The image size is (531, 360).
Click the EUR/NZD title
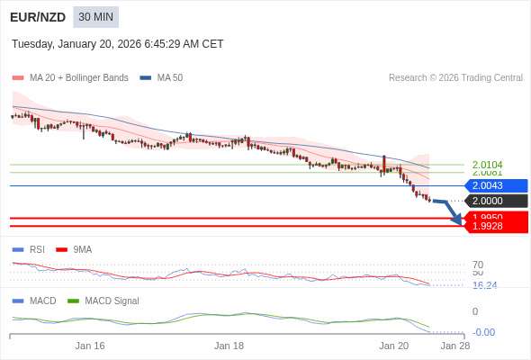tap(38, 17)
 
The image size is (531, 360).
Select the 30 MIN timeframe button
tap(95, 17)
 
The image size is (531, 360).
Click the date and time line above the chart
tap(118, 44)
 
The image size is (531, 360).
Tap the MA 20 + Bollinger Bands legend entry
tap(71, 78)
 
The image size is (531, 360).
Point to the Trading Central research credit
tap(455, 78)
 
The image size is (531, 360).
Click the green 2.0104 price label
tap(487, 165)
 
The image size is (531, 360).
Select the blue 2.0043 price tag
tap(496, 185)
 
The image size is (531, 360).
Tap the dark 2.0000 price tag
tap(496, 201)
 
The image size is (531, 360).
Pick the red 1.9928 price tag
tap(496, 226)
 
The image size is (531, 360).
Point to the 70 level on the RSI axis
tap(478, 265)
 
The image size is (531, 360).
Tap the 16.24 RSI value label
tap(484, 285)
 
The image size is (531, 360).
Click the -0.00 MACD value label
tap(483, 332)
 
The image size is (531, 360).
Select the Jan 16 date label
tap(90, 346)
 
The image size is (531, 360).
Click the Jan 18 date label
tap(229, 346)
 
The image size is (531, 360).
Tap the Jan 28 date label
tap(454, 346)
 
